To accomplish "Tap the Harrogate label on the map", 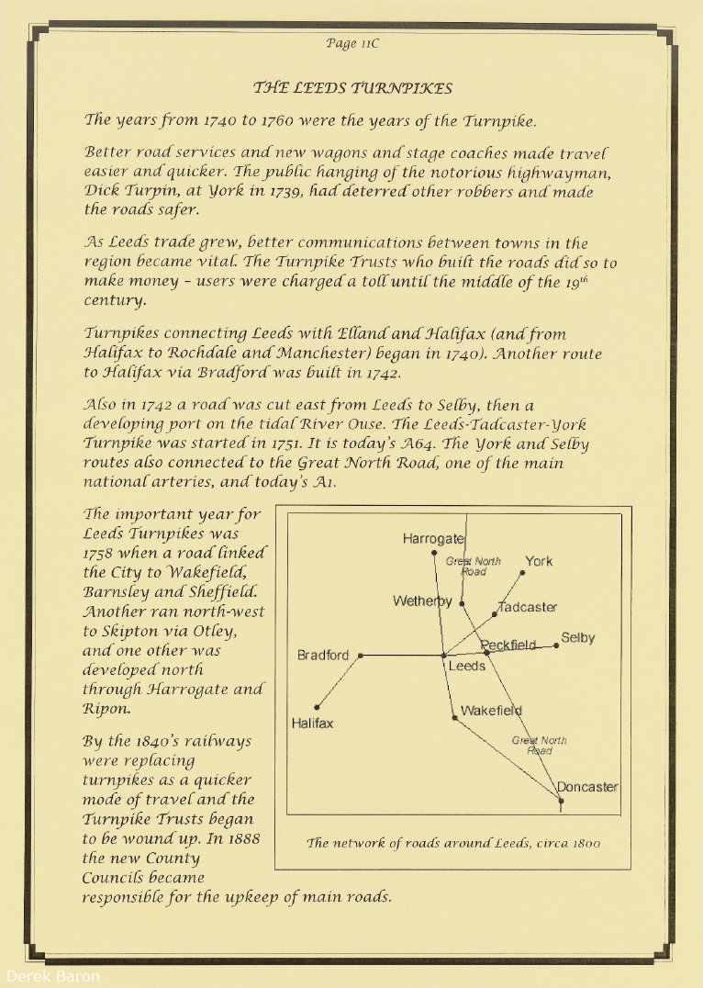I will [433, 539].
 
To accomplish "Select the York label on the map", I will [539, 561].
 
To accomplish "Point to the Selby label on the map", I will [578, 637].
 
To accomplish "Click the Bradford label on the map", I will [323, 656].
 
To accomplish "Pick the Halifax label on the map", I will [313, 724].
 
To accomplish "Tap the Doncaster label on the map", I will [587, 787].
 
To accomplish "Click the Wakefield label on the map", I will [491, 710].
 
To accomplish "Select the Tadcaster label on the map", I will [528, 607].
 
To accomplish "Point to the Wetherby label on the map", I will [422, 601].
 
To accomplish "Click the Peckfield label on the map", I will [508, 645].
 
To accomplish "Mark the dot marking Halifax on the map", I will [317, 707].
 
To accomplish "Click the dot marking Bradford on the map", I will [361, 656].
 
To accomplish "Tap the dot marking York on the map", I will [522, 573].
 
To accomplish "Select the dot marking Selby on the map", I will [556, 646].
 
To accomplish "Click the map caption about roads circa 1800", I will [453, 843].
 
